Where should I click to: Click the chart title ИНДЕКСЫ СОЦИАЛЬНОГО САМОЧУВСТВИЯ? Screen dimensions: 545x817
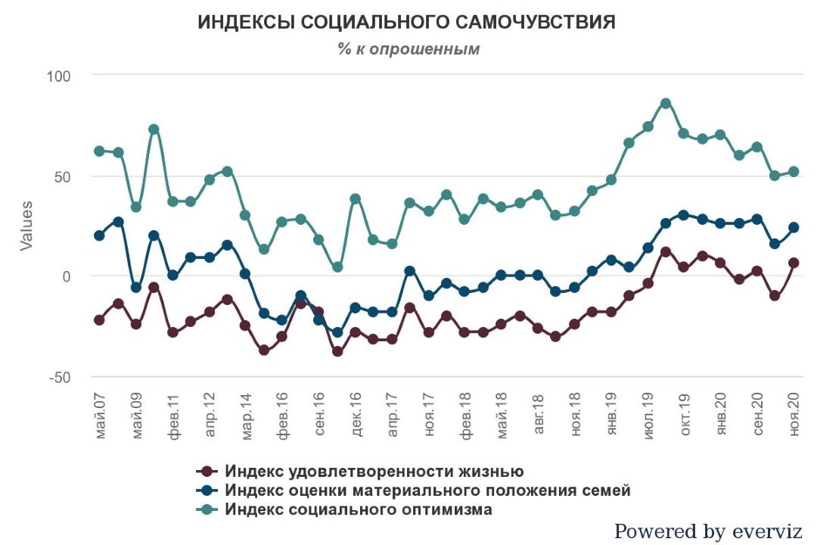click(x=406, y=23)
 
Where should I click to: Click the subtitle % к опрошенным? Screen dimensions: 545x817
click(x=408, y=49)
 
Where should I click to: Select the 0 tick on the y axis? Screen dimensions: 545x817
click(x=65, y=276)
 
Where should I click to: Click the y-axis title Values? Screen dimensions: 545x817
click(x=26, y=226)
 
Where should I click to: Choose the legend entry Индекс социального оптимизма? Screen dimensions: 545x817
click(x=359, y=509)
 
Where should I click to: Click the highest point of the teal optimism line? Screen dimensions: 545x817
click(x=666, y=103)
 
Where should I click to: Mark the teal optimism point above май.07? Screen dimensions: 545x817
click(x=99, y=151)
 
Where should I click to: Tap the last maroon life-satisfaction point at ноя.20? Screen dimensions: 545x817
click(x=794, y=263)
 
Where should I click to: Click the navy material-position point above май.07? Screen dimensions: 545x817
click(x=99, y=235)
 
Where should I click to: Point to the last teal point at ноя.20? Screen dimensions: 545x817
click(x=794, y=171)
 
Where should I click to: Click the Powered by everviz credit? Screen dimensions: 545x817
click(x=707, y=531)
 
